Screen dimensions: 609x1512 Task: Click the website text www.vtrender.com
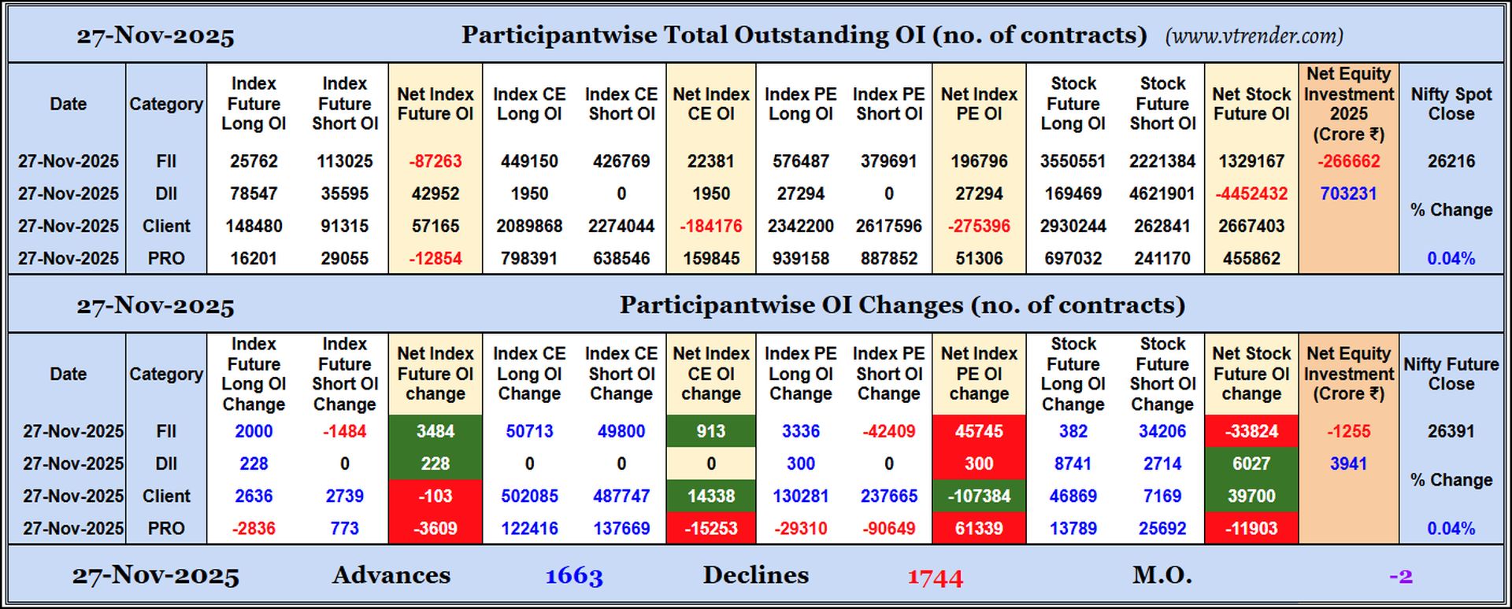tap(1254, 36)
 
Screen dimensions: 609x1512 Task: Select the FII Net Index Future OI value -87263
tap(435, 161)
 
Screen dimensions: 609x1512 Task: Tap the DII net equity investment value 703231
tap(1348, 194)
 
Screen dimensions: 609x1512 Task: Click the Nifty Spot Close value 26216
tap(1451, 161)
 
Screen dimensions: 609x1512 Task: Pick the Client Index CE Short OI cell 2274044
tap(621, 226)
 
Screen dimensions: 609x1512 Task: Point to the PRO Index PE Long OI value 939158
tap(800, 258)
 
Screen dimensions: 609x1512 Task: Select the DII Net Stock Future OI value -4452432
tap(1251, 194)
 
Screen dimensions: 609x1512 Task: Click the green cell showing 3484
tap(435, 431)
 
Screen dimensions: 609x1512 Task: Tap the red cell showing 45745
tap(978, 431)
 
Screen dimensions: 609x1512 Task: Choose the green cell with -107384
tap(978, 496)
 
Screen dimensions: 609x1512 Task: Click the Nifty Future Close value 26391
tap(1451, 431)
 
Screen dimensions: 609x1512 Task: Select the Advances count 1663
tap(574, 576)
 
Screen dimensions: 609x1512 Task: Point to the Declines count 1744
tap(935, 578)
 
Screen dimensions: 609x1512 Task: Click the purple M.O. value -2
tap(1400, 577)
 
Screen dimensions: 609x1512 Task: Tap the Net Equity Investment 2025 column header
tap(1348, 104)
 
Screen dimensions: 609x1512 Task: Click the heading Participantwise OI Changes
tap(902, 305)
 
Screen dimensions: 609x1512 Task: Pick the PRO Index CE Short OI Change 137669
tap(621, 529)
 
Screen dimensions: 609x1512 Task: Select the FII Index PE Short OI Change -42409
tap(888, 431)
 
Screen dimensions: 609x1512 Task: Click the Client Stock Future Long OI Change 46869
tap(1073, 496)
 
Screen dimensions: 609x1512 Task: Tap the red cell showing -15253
tap(710, 529)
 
